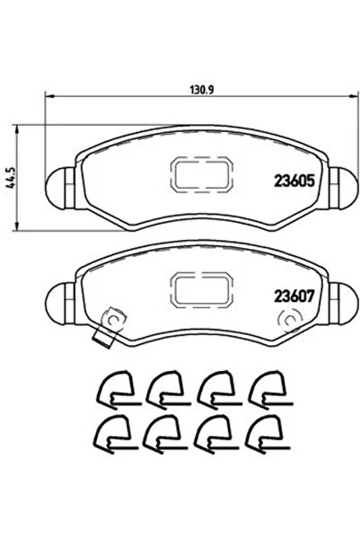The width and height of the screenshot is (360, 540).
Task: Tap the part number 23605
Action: coord(292,179)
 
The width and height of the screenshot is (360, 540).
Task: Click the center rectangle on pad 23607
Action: coord(198,288)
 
